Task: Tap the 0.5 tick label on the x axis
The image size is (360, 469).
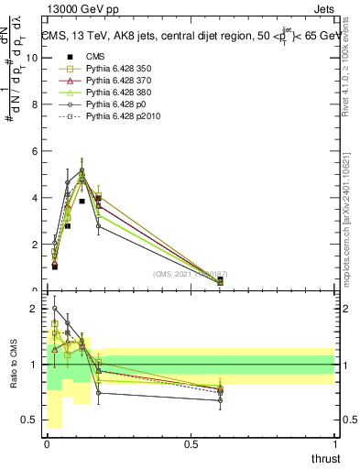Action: (x=191, y=444)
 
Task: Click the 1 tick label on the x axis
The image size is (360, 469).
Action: (x=335, y=444)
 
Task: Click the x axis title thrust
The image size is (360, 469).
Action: (x=324, y=458)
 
